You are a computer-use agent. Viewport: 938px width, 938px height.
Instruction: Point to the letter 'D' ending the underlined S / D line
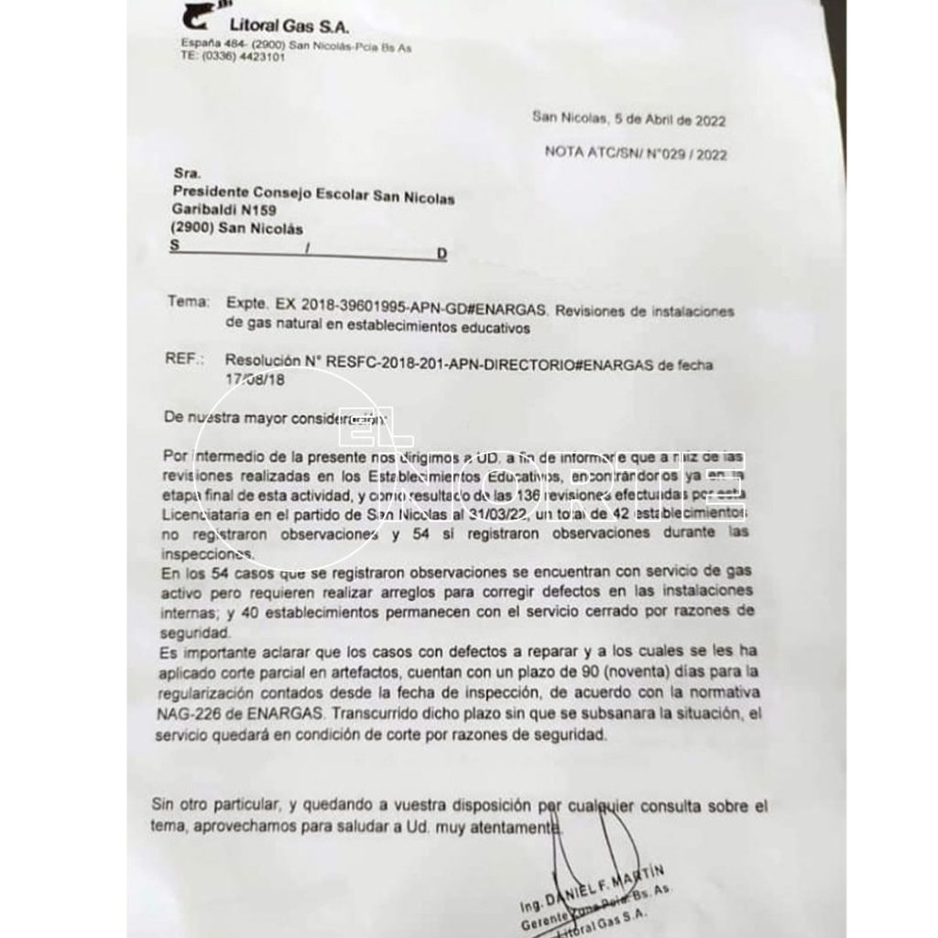442,254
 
